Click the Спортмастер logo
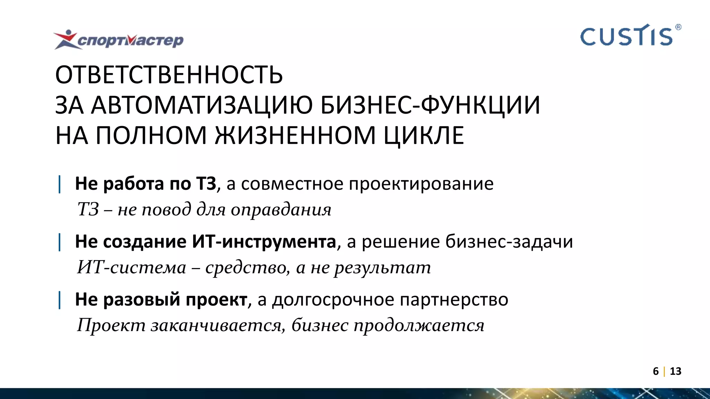[119, 40]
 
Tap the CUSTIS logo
[626, 36]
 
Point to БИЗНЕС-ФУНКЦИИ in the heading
[430, 105]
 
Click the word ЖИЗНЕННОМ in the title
[295, 135]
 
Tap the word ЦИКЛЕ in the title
[424, 135]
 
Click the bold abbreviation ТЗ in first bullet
[206, 184]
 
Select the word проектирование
[421, 184]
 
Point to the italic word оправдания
[281, 210]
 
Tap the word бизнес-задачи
[509, 241]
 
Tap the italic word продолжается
[419, 325]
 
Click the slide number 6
[656, 371]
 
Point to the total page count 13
[676, 371]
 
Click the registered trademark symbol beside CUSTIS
[678, 27]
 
